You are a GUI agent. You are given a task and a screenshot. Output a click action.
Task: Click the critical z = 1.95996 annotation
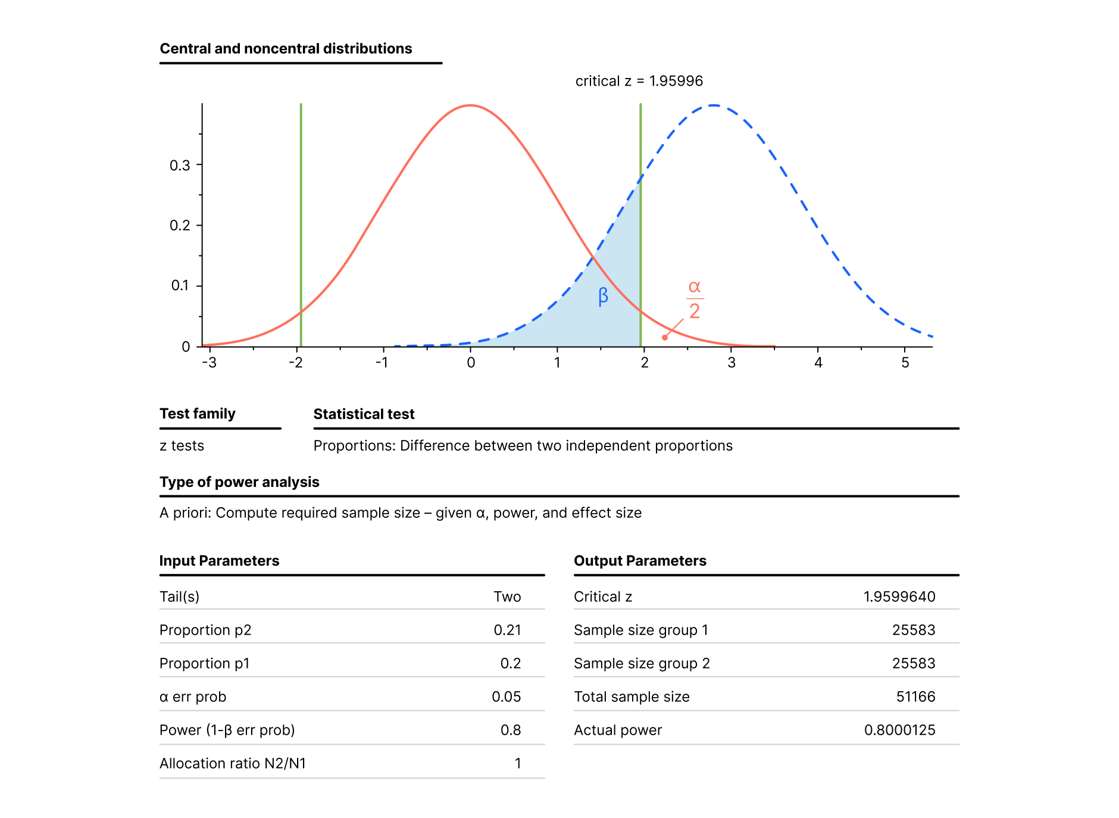[639, 81]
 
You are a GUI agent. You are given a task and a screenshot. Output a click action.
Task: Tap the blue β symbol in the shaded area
[603, 296]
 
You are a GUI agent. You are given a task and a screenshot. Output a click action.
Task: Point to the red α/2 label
[695, 299]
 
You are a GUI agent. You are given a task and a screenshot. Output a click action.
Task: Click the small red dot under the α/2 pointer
[665, 338]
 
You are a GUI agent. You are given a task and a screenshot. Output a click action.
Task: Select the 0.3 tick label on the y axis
[180, 166]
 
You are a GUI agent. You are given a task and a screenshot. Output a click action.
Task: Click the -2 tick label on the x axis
[295, 363]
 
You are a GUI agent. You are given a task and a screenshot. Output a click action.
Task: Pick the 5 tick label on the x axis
[905, 363]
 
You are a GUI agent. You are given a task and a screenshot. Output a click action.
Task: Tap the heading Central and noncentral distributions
[286, 49]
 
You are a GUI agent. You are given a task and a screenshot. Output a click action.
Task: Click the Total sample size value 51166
[915, 697]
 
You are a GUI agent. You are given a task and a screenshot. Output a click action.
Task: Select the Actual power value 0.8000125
[899, 730]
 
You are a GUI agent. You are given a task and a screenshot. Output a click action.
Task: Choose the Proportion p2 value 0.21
[507, 630]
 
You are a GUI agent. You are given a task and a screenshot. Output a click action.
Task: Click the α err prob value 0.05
[506, 697]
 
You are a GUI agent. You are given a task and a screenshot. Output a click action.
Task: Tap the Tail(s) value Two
[507, 597]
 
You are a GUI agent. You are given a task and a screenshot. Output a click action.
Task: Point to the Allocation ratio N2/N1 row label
[233, 763]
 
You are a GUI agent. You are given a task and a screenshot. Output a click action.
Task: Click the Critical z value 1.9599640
[899, 597]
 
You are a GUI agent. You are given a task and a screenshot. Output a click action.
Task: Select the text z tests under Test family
[182, 446]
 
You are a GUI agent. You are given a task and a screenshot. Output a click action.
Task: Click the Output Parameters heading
[640, 561]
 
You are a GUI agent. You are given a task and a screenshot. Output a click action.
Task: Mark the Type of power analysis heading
[239, 482]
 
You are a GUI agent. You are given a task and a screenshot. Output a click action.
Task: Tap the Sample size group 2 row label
[642, 663]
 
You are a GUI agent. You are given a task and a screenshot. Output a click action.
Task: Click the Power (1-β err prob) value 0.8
[510, 730]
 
